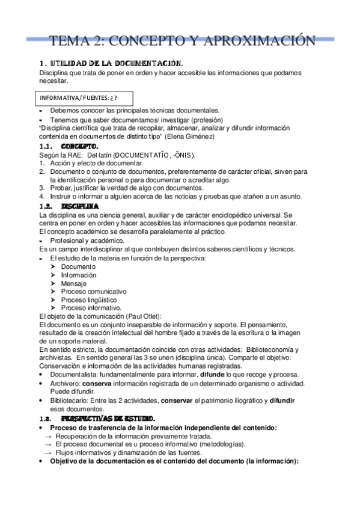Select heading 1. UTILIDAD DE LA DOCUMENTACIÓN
click(x=110, y=63)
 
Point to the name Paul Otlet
click(x=144, y=316)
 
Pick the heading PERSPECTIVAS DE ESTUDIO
click(x=108, y=418)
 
